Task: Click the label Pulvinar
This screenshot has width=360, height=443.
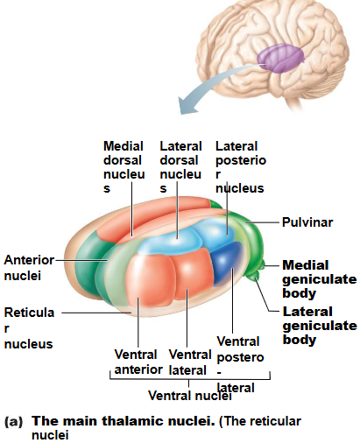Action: click(x=307, y=222)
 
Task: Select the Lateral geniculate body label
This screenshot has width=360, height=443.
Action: click(x=319, y=325)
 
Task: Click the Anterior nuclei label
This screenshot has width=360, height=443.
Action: click(x=29, y=268)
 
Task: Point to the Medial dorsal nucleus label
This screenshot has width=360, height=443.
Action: click(x=124, y=166)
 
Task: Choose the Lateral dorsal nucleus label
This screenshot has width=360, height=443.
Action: click(x=180, y=166)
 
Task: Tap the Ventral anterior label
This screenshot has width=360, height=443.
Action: click(x=136, y=362)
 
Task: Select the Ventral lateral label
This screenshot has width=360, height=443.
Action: click(x=189, y=362)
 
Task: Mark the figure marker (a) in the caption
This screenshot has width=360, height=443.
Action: click(x=13, y=421)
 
